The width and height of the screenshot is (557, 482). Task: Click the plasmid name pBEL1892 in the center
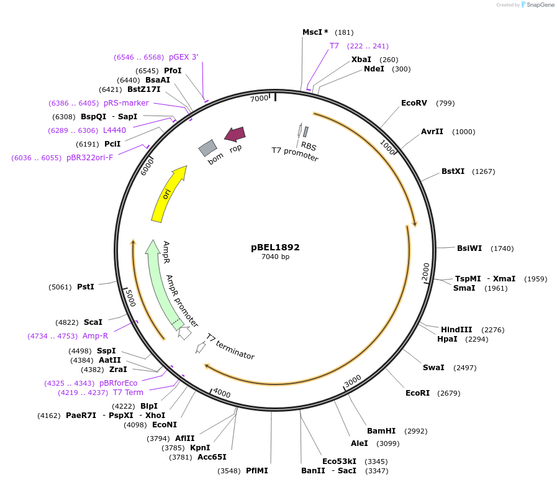click(275, 247)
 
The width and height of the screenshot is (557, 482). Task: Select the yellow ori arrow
click(168, 194)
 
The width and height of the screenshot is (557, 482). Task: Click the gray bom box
click(207, 148)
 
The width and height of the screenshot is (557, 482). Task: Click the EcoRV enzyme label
click(414, 103)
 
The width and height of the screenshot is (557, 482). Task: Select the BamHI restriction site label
click(381, 431)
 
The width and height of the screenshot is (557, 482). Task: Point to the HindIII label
click(456, 330)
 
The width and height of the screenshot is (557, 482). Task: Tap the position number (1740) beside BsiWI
click(502, 248)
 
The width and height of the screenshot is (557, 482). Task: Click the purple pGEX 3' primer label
click(183, 57)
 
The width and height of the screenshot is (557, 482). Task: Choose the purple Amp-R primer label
click(95, 336)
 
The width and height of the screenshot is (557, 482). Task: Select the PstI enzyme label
click(86, 287)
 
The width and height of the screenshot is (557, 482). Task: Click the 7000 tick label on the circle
click(259, 98)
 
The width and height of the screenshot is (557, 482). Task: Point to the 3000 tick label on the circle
click(353, 380)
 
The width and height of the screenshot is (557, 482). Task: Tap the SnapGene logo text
click(538, 5)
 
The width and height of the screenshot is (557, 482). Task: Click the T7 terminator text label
click(230, 347)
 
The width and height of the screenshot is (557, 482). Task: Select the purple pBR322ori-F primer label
click(89, 158)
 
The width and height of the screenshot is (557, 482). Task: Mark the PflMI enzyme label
click(257, 471)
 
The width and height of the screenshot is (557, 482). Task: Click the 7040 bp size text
click(275, 257)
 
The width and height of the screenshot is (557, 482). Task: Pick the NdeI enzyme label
click(374, 69)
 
